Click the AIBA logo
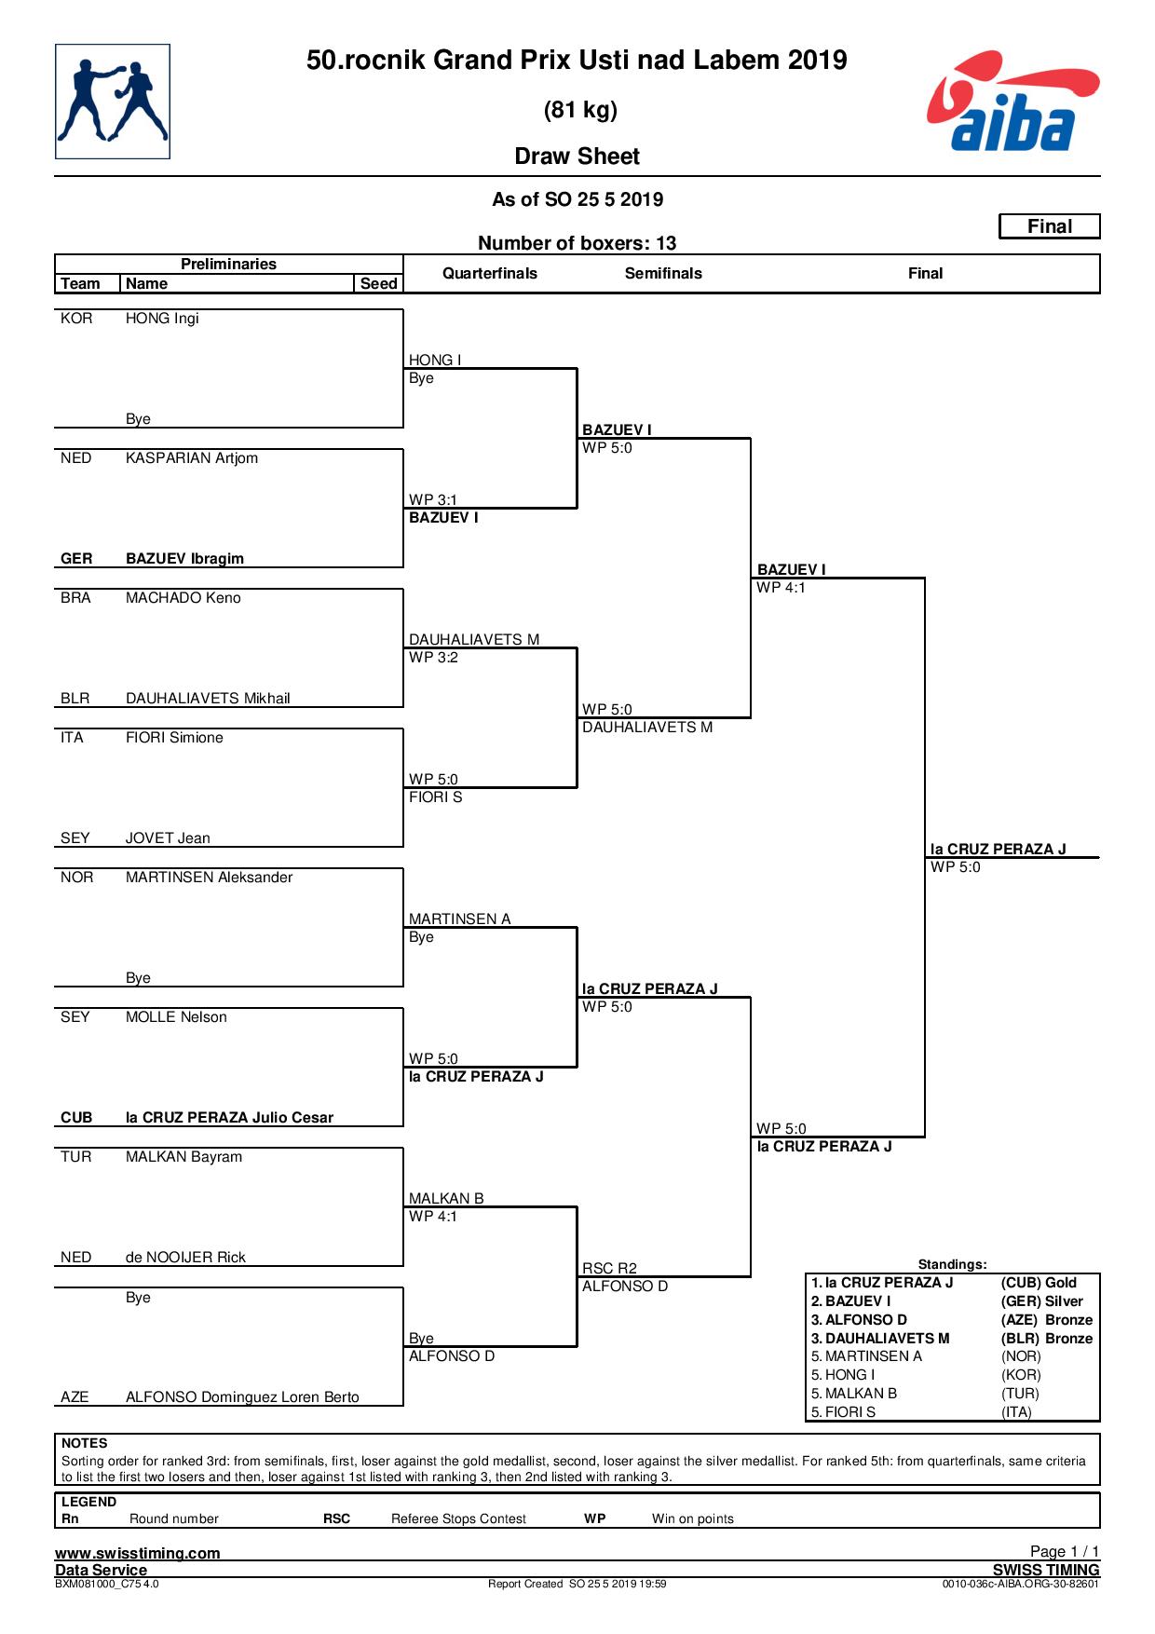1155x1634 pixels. [1012, 102]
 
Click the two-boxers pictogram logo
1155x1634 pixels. [113, 102]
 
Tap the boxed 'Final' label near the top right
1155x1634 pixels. [1050, 226]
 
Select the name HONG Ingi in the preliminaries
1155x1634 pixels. [162, 319]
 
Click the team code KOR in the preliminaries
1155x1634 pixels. [76, 319]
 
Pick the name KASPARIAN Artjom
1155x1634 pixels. [192, 458]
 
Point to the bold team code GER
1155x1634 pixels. [76, 559]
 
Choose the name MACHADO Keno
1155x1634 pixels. [183, 598]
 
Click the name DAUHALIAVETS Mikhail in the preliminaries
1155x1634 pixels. [208, 699]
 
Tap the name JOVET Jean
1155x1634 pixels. [168, 838]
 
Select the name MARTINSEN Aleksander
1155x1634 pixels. [210, 878]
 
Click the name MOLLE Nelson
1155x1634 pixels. [176, 1017]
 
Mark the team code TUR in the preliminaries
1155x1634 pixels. [76, 1157]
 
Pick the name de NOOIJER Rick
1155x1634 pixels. [185, 1258]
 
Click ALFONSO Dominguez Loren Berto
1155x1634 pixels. [242, 1397]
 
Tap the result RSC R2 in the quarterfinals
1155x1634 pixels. [609, 1268]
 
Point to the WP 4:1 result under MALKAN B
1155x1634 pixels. [433, 1217]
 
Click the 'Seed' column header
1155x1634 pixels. [379, 284]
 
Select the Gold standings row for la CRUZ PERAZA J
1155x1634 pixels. [952, 1283]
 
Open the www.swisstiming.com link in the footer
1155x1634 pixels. [138, 1553]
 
